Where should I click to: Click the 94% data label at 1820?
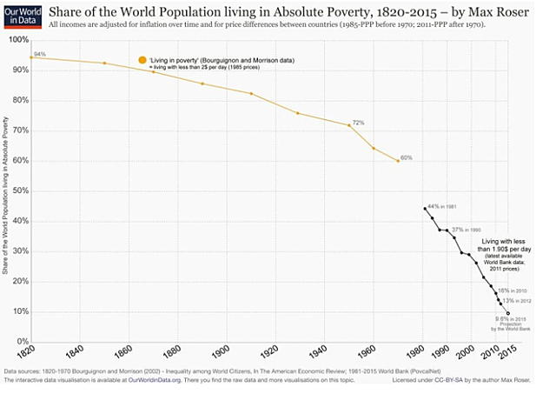39,54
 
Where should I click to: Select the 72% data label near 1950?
357,123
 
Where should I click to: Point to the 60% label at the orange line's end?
406,158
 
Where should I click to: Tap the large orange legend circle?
142,59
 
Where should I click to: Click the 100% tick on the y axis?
18,41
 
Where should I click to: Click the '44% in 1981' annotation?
441,207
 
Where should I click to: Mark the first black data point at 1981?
424,209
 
